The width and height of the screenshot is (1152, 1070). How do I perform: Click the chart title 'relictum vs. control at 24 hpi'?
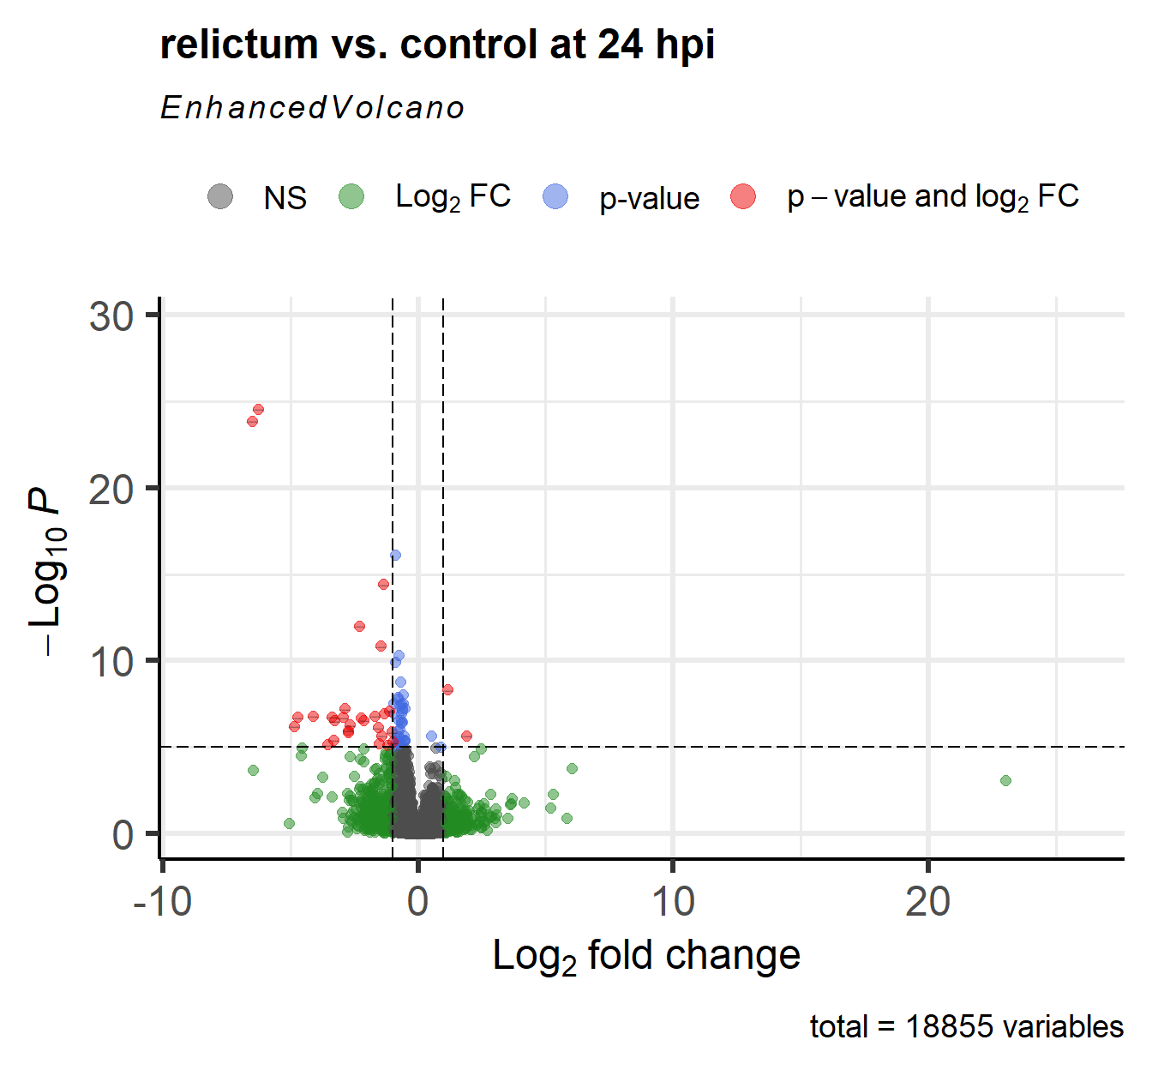[437, 45]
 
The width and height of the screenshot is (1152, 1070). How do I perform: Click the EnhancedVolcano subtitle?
[312, 108]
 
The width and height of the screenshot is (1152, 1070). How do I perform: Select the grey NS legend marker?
[220, 196]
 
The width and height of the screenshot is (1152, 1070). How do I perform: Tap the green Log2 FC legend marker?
[351, 196]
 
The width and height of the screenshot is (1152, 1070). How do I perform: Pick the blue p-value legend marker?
[556, 196]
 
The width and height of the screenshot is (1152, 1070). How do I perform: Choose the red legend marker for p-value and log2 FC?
[743, 196]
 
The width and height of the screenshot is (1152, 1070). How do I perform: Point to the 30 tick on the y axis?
[111, 316]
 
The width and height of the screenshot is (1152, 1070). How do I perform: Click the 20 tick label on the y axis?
[111, 490]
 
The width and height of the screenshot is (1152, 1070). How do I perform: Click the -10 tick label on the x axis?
[163, 902]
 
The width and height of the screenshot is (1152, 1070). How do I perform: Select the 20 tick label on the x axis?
[927, 902]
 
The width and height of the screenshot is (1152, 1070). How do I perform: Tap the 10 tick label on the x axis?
[673, 902]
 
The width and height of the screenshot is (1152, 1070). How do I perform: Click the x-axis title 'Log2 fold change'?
[646, 955]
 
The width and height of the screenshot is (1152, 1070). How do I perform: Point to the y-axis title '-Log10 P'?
[47, 573]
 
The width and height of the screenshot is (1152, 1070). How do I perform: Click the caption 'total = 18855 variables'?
[966, 1026]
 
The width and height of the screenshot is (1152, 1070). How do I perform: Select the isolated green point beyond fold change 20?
[1005, 780]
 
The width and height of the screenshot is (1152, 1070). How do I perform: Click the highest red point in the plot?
[258, 409]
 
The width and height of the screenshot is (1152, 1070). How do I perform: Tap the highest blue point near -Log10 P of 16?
[395, 555]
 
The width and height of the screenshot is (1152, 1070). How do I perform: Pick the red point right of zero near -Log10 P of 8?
[447, 689]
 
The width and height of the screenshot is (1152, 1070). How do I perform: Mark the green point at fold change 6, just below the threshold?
[572, 768]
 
